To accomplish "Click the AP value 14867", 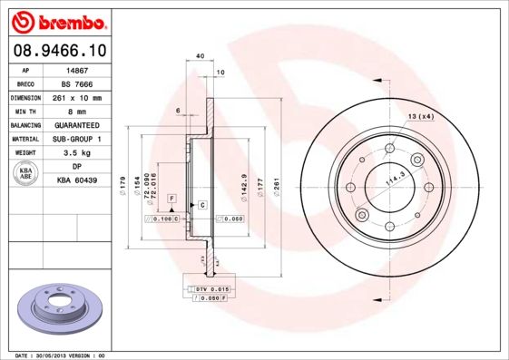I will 77,69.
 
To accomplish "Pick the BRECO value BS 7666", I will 77,83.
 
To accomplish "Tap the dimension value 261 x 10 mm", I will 77,97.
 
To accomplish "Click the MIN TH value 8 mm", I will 77,111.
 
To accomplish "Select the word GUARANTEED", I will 77,125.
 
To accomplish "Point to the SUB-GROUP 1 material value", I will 77,139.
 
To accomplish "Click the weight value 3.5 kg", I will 77,153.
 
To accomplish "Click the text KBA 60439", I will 77,181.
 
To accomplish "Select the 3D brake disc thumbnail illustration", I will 59,306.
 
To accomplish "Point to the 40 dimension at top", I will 200,56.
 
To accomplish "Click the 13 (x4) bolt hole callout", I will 420,118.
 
